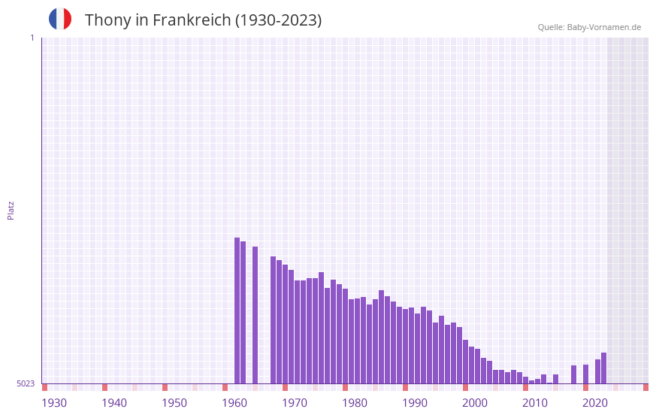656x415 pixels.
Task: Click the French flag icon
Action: [x=60, y=20]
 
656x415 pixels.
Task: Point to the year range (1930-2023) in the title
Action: [x=279, y=20]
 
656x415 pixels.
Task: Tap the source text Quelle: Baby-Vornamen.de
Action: [x=589, y=27]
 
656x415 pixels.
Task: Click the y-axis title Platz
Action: [x=11, y=210]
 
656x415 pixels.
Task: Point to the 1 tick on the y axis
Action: [x=32, y=38]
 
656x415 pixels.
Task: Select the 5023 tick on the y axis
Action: [x=26, y=383]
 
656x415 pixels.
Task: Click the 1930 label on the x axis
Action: [x=54, y=403]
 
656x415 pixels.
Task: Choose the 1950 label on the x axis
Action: [x=174, y=403]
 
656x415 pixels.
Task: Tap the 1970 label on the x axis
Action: [x=295, y=403]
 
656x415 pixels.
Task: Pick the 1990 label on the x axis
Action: [x=415, y=403]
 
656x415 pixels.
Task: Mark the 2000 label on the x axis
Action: [x=475, y=403]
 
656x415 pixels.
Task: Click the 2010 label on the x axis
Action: [x=535, y=403]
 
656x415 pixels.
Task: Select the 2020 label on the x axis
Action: [x=595, y=403]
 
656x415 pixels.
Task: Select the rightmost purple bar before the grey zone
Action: [x=603, y=368]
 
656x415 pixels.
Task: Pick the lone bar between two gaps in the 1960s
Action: [x=255, y=315]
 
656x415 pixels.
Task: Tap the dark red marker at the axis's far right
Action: [x=645, y=387]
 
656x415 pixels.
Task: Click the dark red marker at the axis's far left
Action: [x=44, y=387]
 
